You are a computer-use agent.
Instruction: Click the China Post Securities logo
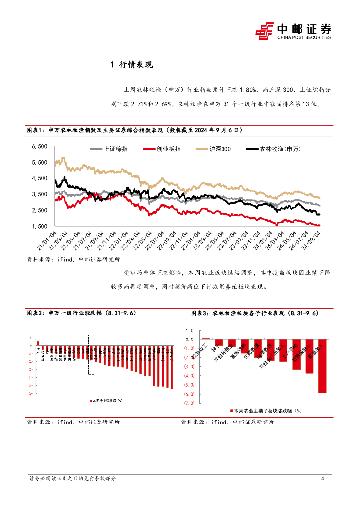click(293, 31)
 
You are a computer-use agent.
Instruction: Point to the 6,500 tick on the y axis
click(39, 146)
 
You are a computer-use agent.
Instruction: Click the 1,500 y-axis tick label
click(39, 227)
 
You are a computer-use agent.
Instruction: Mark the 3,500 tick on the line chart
click(39, 194)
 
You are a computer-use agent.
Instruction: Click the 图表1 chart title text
click(134, 130)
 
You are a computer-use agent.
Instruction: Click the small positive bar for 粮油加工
click(205, 338)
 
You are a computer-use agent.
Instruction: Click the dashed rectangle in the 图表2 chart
click(91, 354)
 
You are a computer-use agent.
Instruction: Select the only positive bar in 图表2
click(38, 343)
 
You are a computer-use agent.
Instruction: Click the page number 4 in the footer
click(323, 478)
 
